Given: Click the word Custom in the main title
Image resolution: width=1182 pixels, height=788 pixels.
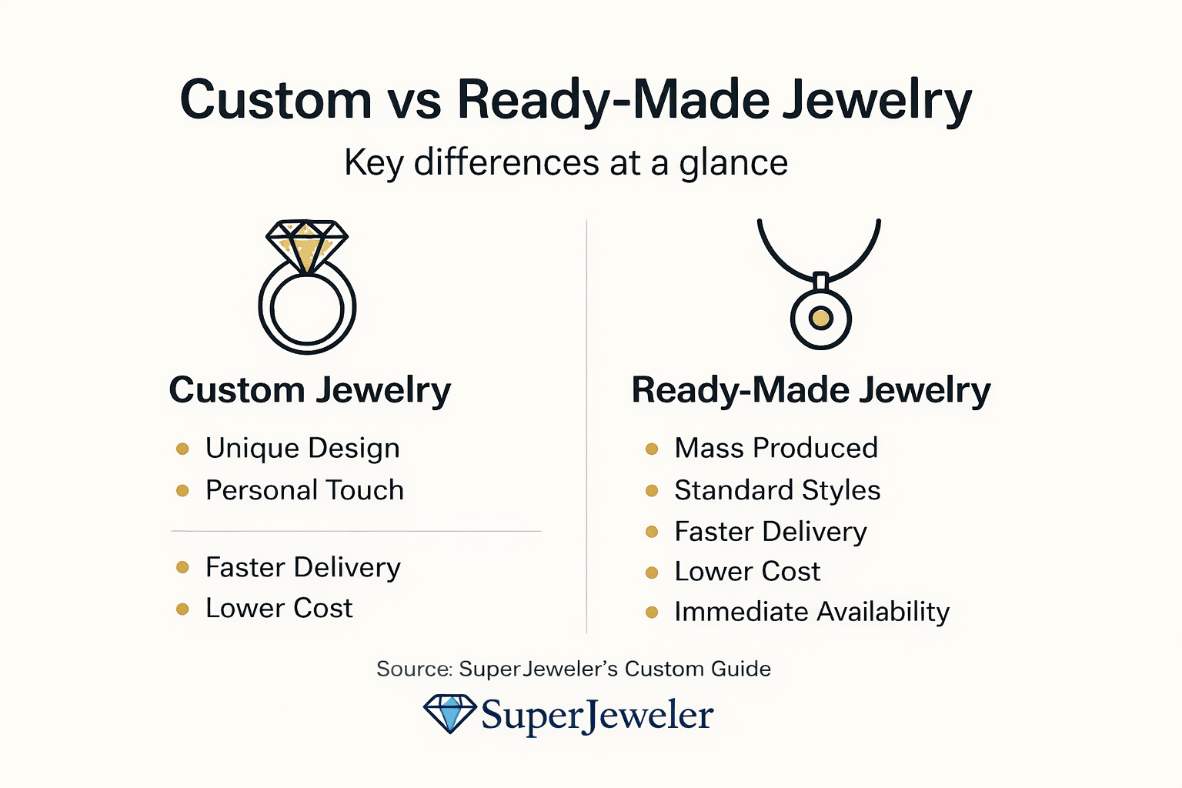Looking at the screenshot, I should pos(275,100).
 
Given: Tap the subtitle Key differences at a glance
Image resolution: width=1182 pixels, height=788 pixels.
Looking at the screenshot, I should pos(566,163).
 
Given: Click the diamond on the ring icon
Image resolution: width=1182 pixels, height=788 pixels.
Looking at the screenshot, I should pos(307,243).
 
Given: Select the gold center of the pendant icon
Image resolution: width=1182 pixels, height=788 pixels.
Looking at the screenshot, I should pos(821,318).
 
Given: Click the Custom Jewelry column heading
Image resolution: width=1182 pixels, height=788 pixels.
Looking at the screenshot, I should pos(309,390).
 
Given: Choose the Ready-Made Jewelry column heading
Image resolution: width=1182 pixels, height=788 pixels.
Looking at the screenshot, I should pos(810,390).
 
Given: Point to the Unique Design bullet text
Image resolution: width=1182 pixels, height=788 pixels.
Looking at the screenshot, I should pos(302,449).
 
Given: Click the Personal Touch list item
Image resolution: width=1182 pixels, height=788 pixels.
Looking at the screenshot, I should pos(304,490).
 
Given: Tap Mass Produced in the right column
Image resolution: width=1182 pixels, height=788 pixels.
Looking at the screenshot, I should pos(776,449).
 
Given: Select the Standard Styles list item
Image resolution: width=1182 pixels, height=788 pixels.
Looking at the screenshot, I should pos(777,490).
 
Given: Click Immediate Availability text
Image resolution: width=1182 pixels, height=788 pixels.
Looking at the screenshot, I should pos(812,612).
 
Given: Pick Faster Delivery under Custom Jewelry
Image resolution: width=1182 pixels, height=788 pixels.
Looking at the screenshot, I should pos(302,568).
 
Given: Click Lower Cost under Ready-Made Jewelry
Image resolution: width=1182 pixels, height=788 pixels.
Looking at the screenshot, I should pos(747,572).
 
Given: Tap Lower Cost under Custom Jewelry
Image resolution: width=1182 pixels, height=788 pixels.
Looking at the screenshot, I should pos(279,609).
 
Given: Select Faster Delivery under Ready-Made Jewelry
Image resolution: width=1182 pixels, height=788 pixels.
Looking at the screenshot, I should pos(770,532).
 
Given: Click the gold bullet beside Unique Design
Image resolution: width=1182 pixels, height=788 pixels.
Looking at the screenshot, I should pos(182,449).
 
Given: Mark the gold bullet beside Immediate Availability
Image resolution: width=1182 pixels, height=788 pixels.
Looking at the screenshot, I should pos(652,613).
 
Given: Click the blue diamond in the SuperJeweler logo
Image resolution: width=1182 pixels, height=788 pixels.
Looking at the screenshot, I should pos(450,713).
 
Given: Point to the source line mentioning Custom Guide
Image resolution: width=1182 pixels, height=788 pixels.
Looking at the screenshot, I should pos(573,669).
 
